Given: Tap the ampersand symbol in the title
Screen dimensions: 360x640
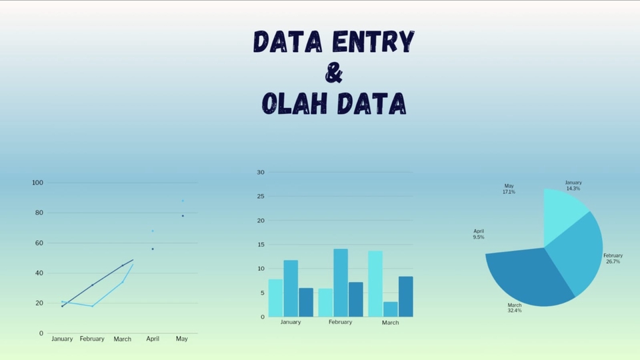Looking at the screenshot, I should [334, 73].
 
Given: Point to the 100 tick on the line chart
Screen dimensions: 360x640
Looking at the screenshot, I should [37, 183].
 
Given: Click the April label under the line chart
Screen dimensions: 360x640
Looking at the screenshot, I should [152, 339].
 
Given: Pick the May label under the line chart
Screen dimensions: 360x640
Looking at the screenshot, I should [182, 339].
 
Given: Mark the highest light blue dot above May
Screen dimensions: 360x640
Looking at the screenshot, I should [183, 201].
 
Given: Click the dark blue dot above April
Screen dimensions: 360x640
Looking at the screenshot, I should [153, 249].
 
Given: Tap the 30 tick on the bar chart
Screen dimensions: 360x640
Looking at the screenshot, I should [261, 173].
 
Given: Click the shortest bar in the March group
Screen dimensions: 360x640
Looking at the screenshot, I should [391, 309].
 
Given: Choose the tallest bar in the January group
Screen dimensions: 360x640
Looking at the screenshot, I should [291, 288].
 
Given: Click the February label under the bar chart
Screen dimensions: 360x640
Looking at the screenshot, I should [340, 322].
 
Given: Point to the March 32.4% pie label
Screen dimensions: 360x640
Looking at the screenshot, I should [514, 308].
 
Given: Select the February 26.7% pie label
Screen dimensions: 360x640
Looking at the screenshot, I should [613, 259].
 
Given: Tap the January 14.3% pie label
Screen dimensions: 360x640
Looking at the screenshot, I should [573, 185].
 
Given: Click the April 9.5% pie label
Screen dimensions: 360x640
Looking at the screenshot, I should [479, 234].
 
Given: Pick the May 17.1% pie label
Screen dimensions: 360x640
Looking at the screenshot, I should [509, 189].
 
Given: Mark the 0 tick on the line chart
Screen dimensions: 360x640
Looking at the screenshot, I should [41, 333].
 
